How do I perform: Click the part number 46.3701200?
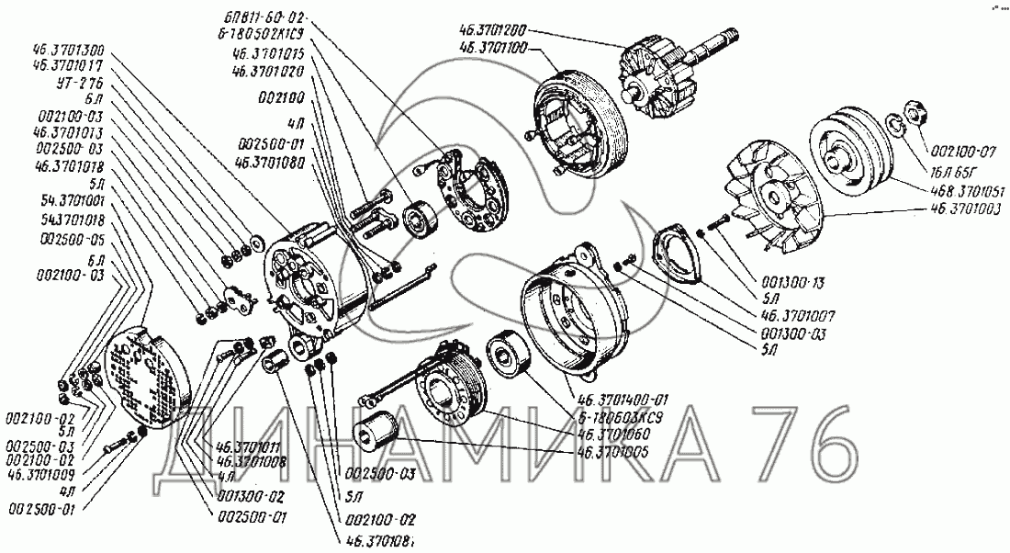coord(499,28)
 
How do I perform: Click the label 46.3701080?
coord(274,161)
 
